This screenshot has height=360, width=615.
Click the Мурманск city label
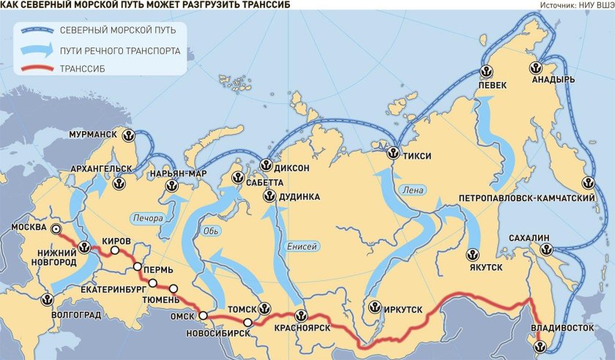[x=94, y=135]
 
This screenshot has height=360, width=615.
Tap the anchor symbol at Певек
[x=484, y=71]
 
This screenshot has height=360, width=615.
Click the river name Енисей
[x=301, y=246]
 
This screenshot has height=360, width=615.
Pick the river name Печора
[x=147, y=217]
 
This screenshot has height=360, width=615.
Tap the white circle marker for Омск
[x=203, y=316]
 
